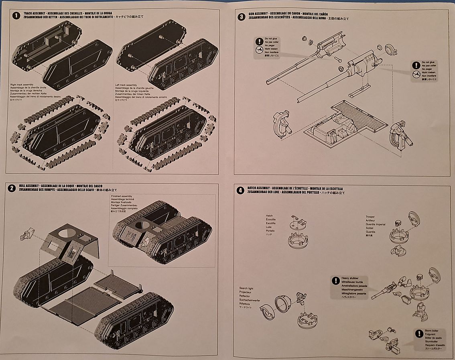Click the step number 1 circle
point(16,16)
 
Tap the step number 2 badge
point(12,188)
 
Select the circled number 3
point(241,16)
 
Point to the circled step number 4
point(240,190)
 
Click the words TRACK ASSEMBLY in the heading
point(35,14)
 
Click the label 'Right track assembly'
point(22,85)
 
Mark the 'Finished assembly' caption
point(121,196)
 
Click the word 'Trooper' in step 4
point(370,217)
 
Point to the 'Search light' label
point(246,288)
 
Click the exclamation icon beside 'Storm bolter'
point(419,333)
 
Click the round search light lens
point(282,304)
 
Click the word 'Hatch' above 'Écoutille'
point(269,216)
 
